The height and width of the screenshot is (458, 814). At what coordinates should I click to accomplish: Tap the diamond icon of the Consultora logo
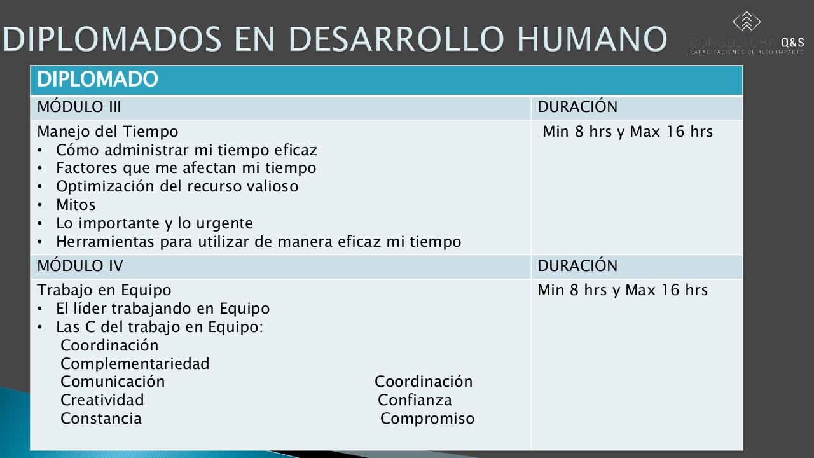click(747, 22)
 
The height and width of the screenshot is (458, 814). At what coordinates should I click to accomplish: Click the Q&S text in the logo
click(792, 42)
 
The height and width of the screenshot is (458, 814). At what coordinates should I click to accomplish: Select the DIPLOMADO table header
click(97, 80)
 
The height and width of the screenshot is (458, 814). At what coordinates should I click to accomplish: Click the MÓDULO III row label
click(79, 107)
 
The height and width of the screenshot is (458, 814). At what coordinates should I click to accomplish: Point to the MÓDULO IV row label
click(80, 265)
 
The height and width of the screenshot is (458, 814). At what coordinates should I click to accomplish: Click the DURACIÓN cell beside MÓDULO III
click(577, 107)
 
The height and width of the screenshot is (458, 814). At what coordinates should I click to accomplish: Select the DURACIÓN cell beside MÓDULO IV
click(577, 265)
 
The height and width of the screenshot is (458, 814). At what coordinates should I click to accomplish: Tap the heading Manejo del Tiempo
click(107, 132)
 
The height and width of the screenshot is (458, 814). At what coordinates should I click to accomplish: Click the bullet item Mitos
click(76, 205)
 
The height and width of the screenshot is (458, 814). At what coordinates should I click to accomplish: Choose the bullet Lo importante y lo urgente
click(154, 223)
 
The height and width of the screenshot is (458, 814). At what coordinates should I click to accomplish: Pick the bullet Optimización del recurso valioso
click(177, 186)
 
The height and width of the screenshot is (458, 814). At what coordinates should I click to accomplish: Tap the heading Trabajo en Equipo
click(104, 290)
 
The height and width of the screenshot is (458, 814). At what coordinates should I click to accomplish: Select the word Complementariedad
click(135, 364)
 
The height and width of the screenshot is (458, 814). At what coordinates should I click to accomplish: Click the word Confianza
click(415, 400)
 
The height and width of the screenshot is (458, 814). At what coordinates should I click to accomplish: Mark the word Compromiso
click(427, 419)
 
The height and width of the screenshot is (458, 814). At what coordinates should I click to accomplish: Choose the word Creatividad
click(102, 400)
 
